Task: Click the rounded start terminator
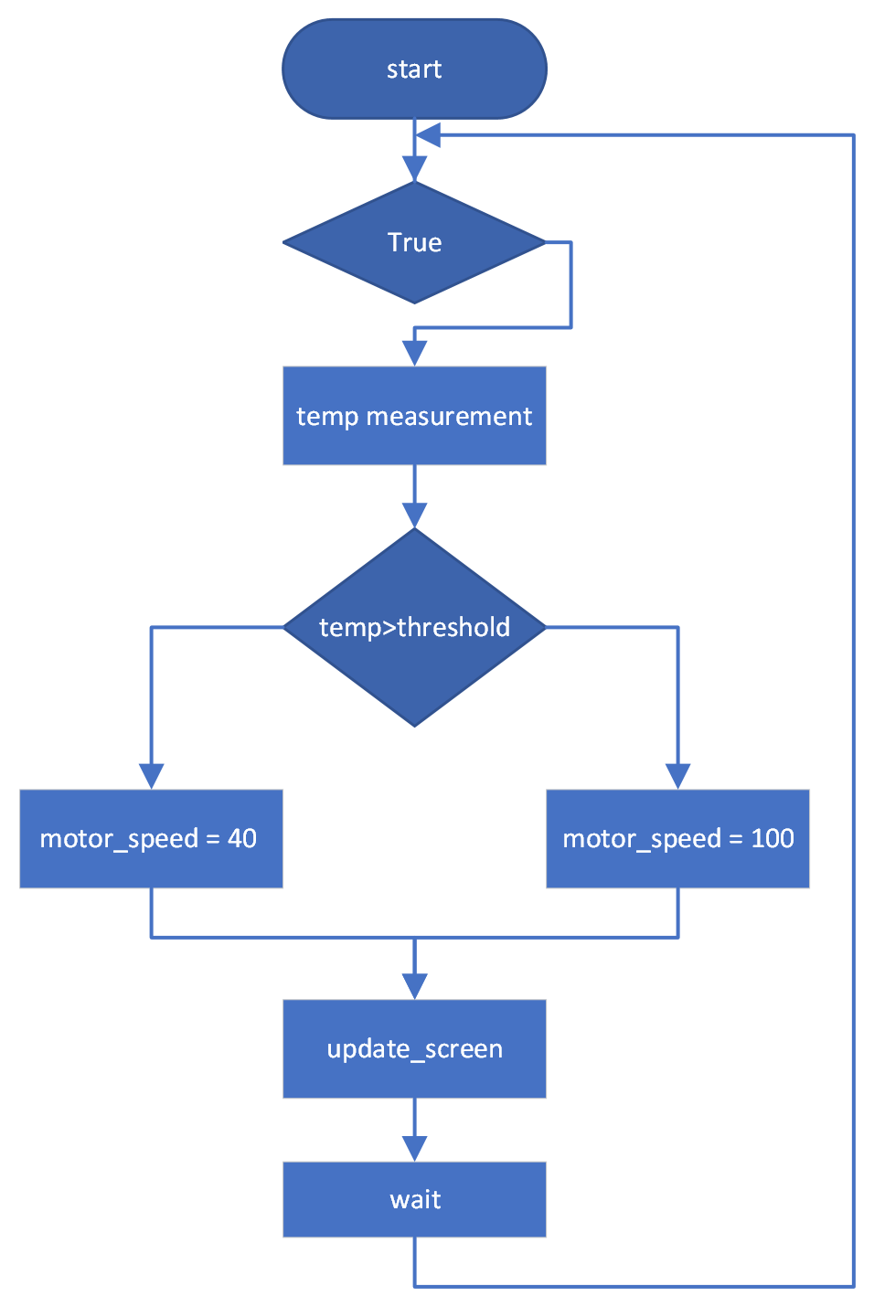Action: [x=414, y=69]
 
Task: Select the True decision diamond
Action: [x=414, y=242]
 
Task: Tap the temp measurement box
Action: [x=414, y=416]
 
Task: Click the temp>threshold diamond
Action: [x=414, y=627]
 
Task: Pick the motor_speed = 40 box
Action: [x=151, y=838]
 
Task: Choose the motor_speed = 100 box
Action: [x=677, y=838]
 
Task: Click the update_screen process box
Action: [x=414, y=1048]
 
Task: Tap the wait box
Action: [x=414, y=1199]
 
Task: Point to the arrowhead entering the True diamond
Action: [x=414, y=169]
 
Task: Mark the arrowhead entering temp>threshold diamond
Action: [x=414, y=515]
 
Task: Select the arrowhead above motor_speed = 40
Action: [x=151, y=776]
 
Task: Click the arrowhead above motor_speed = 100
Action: [x=677, y=776]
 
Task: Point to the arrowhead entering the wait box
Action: [x=414, y=1149]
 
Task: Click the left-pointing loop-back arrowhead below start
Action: [x=428, y=135]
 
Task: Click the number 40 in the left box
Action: [x=241, y=838]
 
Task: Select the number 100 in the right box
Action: [x=772, y=838]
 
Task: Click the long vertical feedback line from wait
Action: [x=853, y=713]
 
